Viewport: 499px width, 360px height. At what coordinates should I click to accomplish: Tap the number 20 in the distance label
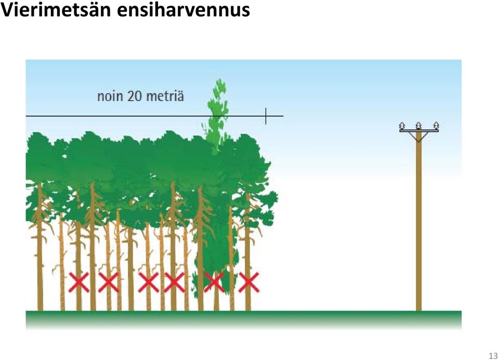[x=135, y=96]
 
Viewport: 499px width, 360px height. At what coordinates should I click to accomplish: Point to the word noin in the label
[x=110, y=96]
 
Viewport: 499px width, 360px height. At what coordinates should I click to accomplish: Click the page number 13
[x=493, y=355]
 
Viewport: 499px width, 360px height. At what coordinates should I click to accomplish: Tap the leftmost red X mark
[x=79, y=282]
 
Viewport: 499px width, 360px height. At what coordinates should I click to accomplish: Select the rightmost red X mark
[x=249, y=282]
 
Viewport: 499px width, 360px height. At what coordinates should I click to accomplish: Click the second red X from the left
[x=109, y=282]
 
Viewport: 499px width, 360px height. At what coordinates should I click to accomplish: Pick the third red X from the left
[x=148, y=282]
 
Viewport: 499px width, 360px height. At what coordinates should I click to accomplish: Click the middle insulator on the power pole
[x=419, y=125]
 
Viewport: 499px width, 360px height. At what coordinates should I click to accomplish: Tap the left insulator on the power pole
[x=402, y=126]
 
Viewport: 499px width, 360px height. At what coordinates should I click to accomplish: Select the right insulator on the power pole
[x=436, y=125]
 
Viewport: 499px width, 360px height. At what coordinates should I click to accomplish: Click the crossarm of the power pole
[x=419, y=130]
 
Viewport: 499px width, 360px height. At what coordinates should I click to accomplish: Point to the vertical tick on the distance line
[x=266, y=116]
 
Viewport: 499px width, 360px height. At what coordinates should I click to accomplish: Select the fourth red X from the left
[x=174, y=282]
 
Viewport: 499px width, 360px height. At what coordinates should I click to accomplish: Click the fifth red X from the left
[x=214, y=282]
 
